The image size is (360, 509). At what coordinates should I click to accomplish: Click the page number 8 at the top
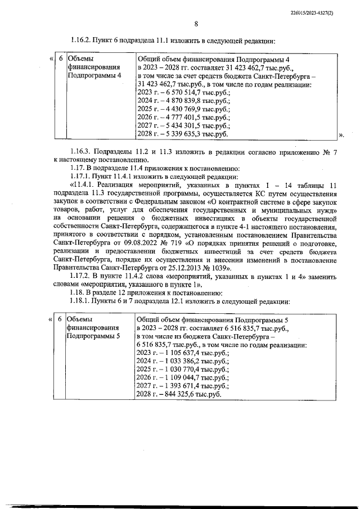coord(196,24)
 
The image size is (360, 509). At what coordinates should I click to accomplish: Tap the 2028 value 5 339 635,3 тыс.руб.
coord(187,134)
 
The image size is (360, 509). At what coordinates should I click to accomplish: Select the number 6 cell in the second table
coord(60,319)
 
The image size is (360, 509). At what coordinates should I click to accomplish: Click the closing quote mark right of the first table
coord(343,135)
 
